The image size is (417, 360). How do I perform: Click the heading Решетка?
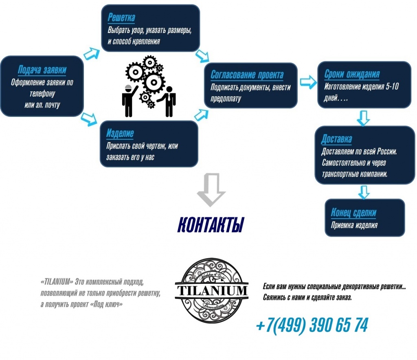coord(121,18)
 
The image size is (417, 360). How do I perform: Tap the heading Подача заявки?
coord(42,70)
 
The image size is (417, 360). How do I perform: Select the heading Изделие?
coord(120,133)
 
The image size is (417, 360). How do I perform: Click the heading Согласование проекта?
coord(247,75)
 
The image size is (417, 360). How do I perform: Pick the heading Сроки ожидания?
coord(352,74)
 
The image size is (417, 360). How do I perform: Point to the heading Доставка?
coord(336,139)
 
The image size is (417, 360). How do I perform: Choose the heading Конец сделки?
coord(353,213)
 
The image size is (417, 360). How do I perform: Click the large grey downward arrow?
coord(211,190)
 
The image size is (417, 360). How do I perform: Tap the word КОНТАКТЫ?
coord(211,225)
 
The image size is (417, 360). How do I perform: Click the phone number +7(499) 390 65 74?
coord(312,325)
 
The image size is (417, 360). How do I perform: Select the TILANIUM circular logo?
coord(212,290)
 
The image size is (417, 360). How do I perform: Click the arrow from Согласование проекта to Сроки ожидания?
coord(309,82)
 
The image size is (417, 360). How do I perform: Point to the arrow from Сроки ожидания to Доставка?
coord(363,118)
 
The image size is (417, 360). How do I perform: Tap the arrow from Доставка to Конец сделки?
coord(364,192)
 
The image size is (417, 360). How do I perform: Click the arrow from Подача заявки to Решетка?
coord(92,53)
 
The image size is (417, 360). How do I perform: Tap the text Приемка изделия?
coord(354,226)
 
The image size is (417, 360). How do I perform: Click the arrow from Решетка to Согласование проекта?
coord(202,56)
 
